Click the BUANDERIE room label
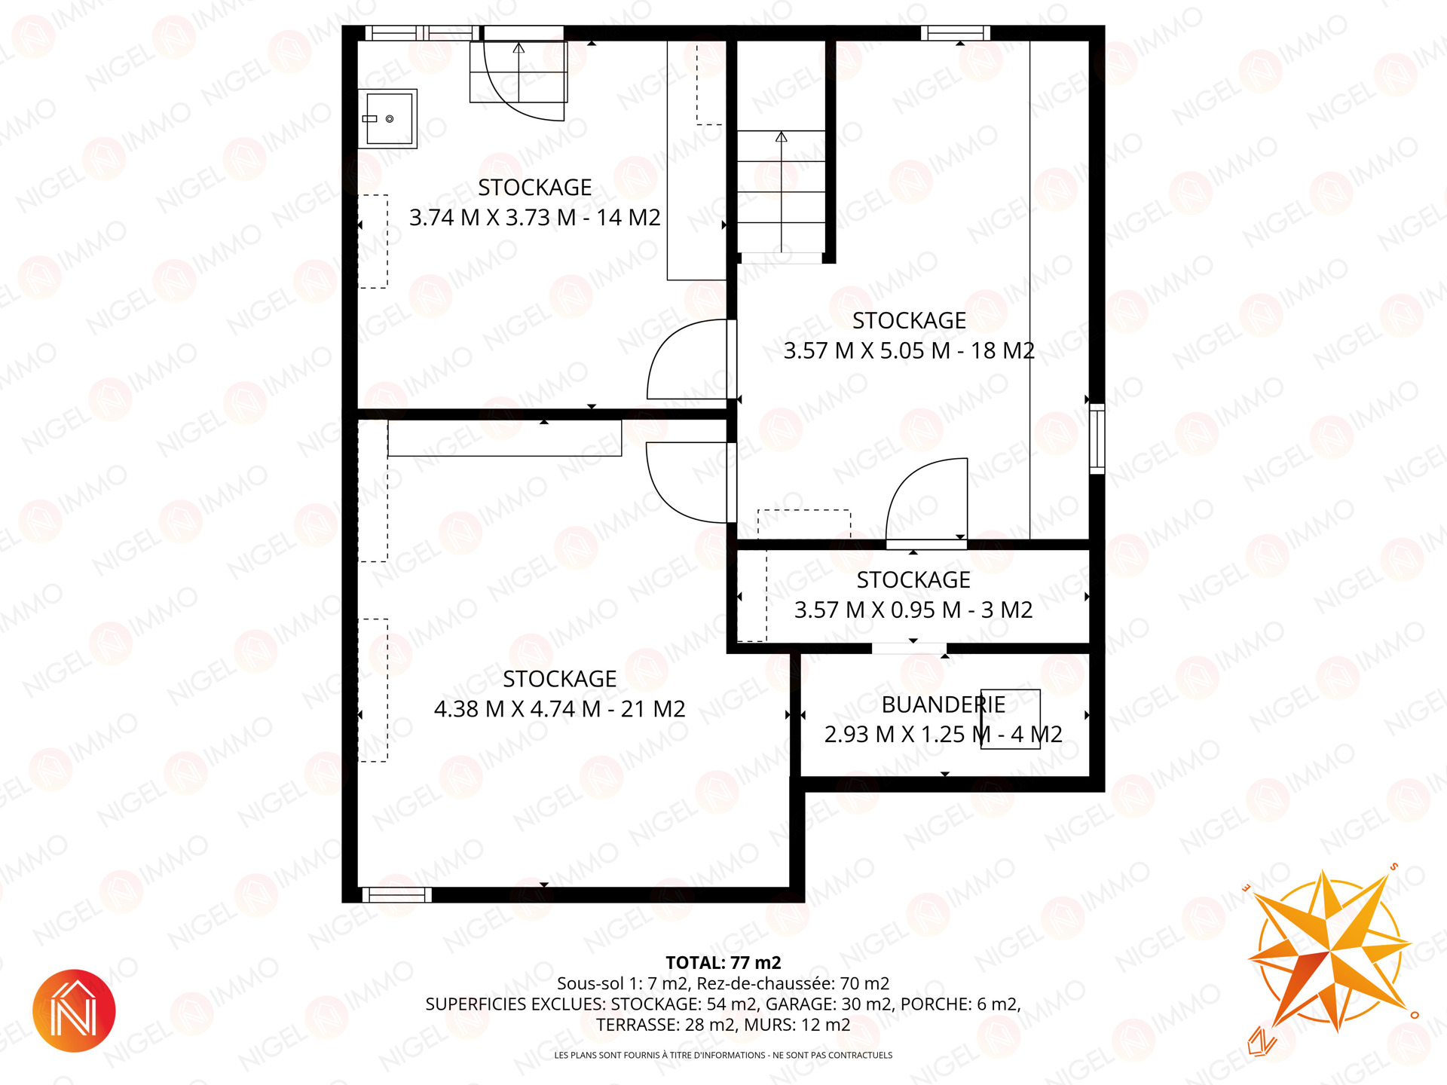tap(944, 705)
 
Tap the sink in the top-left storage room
tap(387, 118)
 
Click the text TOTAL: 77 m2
tap(723, 962)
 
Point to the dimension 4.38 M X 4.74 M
tap(518, 709)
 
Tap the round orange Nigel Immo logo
tap(74, 1010)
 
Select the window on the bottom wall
tap(396, 895)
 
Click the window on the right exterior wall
tap(1097, 439)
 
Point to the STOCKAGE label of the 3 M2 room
tap(913, 580)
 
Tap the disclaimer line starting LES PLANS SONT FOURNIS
tap(723, 1055)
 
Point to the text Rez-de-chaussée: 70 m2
tap(793, 983)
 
